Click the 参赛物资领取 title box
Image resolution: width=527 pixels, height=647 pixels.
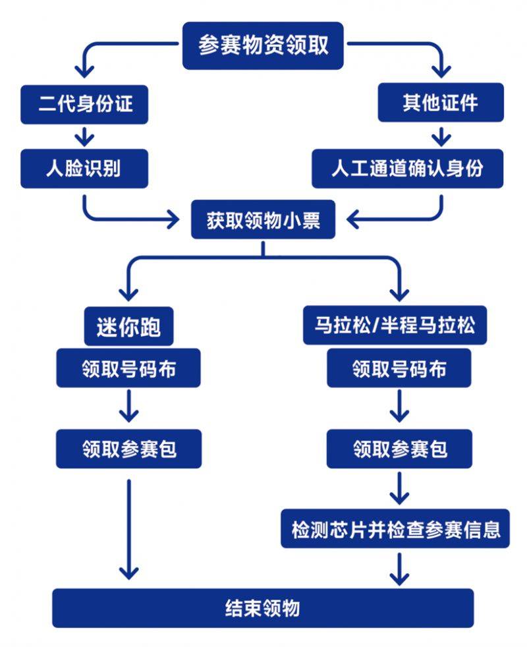coord(263,45)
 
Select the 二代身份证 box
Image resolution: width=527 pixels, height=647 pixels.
coord(84,105)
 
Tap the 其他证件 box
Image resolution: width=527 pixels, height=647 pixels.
coord(441,103)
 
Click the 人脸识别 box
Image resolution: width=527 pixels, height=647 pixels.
coord(84,169)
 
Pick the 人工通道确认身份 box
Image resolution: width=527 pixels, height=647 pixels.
coord(408,169)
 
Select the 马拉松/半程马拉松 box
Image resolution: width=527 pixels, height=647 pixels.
coord(395,325)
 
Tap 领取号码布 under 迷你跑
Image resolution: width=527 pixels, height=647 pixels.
coord(129,368)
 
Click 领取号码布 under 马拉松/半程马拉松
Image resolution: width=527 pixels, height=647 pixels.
coord(399,368)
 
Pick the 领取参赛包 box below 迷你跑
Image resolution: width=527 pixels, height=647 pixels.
coord(129,449)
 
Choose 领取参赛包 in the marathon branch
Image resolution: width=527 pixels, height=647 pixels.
coord(399,449)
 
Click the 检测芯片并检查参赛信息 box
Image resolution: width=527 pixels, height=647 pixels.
coord(395,528)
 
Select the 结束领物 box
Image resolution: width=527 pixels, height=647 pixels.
coord(263,607)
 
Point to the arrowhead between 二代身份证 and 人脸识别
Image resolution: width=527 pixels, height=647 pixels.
coord(84,140)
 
